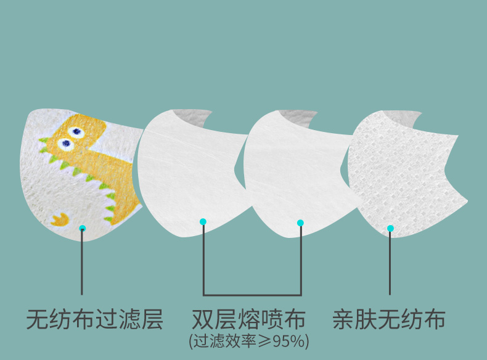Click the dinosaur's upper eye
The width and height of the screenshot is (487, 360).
click(76, 131)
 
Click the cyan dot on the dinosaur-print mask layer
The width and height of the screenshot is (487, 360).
click(83, 228)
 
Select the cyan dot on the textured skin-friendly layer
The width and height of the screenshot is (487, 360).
click(390, 228)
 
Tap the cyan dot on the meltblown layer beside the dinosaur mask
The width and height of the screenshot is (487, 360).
click(203, 222)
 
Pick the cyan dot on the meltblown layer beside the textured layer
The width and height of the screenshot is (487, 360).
click(300, 223)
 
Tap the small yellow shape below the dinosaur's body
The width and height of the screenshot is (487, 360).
click(60, 218)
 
